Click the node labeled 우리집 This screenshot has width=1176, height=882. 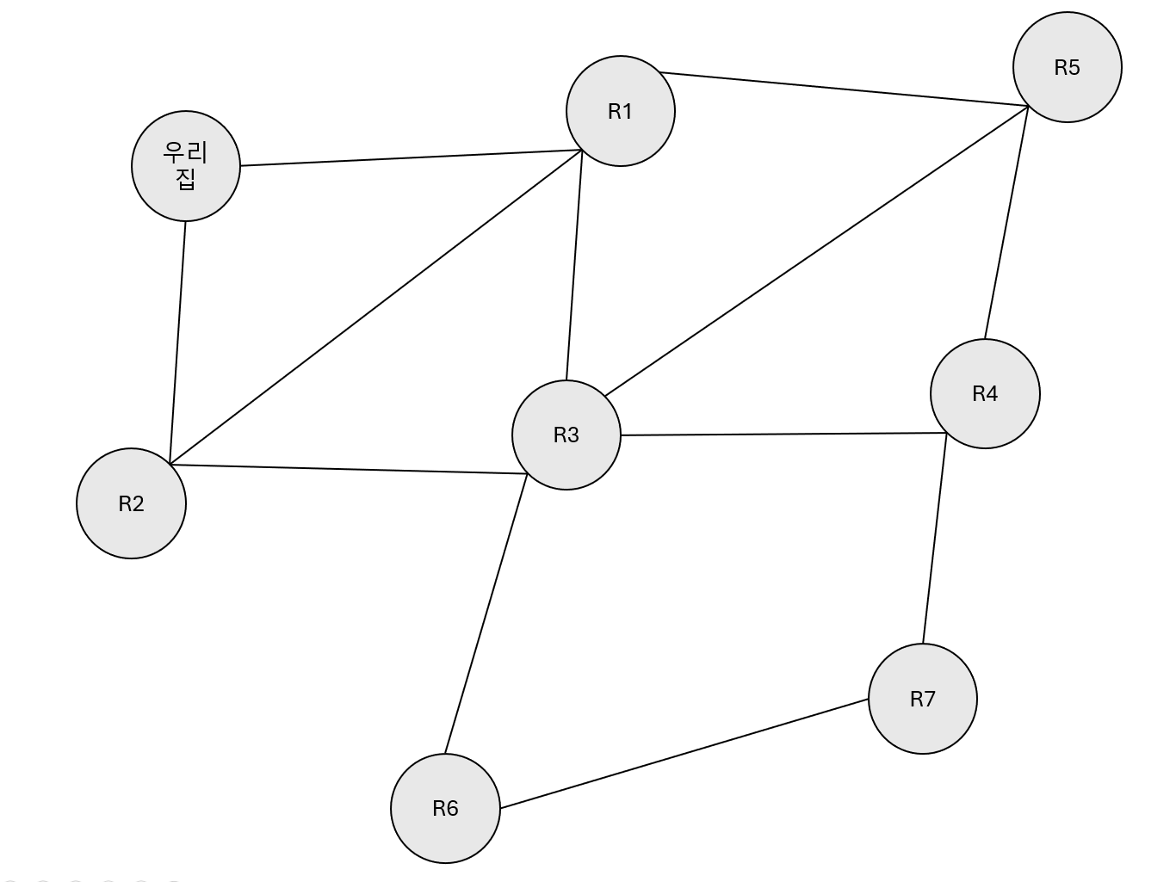(186, 166)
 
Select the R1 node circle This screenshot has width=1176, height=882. (620, 111)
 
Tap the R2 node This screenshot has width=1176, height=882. (131, 503)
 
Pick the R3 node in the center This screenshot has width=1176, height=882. (566, 435)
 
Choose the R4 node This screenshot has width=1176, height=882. (985, 393)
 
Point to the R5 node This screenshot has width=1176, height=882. (1067, 67)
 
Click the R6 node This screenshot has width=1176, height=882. (445, 808)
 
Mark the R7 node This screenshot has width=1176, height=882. (922, 699)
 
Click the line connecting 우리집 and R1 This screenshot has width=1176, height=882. (411, 158)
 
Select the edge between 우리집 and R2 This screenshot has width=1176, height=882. (178, 342)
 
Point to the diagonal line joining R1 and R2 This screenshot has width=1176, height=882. (376, 307)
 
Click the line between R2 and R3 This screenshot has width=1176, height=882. (349, 469)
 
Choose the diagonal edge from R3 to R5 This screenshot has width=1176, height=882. (816, 251)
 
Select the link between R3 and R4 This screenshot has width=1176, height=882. (783, 434)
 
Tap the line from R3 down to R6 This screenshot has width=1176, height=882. (486, 614)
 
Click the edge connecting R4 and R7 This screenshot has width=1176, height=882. (935, 540)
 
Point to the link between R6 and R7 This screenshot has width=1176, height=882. (684, 754)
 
